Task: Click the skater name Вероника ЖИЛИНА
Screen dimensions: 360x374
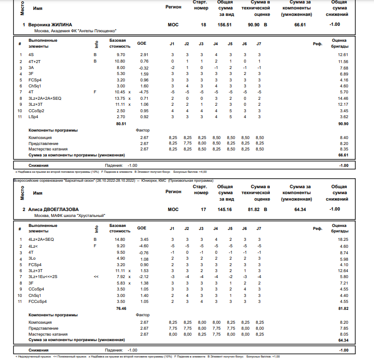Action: [x=50, y=24]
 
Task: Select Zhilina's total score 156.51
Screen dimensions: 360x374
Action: [x=225, y=24]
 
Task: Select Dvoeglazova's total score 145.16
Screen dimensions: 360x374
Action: [x=225, y=210]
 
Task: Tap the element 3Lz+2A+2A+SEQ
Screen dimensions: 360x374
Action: [x=45, y=98]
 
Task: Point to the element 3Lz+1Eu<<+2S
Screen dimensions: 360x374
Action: [x=44, y=277]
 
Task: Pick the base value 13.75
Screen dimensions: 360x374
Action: [x=121, y=98]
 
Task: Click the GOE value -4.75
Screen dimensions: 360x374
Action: [x=143, y=92]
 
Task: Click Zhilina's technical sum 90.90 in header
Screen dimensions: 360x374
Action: [x=253, y=24]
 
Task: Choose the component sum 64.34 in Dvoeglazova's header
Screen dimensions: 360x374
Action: [x=300, y=210]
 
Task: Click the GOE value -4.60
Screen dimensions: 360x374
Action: [x=143, y=246]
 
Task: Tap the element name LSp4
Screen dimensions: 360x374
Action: [x=33, y=116]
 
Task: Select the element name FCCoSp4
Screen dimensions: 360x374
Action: [x=37, y=301]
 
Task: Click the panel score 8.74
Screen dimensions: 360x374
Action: [x=343, y=252]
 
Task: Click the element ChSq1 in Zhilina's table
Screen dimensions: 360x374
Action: [x=34, y=86]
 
